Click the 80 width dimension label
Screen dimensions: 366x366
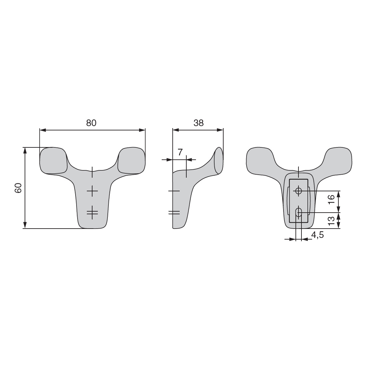[x=91, y=123]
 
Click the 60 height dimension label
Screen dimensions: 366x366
[x=18, y=188]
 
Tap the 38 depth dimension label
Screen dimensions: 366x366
[x=198, y=123]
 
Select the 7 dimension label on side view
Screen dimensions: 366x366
[x=180, y=152]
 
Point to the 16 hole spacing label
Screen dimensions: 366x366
[x=331, y=200]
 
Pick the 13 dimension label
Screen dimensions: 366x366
[x=331, y=221]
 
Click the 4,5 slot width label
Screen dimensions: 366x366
[x=317, y=235]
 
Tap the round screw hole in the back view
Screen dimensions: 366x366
[x=298, y=191]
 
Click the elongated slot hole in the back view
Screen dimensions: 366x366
[x=298, y=213]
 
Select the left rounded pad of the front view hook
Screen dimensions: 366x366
[x=54, y=160]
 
